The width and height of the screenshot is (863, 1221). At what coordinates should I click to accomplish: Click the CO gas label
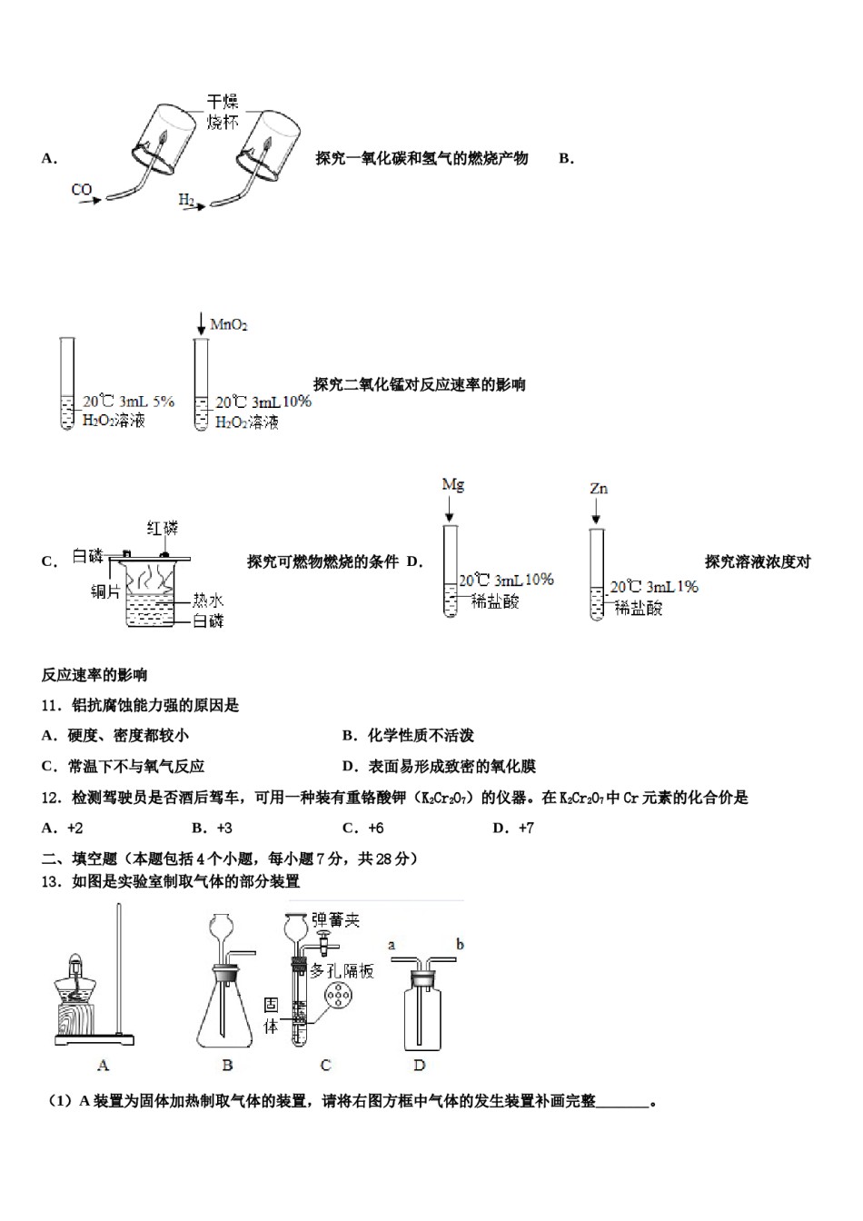click(x=82, y=189)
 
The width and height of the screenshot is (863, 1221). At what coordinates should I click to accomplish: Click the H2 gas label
click(x=186, y=200)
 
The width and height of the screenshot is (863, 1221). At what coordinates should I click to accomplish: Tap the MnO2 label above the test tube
click(x=229, y=324)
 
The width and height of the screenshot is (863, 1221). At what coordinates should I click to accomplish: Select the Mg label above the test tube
click(x=452, y=484)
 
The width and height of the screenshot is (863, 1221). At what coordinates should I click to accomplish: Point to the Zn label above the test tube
click(x=599, y=489)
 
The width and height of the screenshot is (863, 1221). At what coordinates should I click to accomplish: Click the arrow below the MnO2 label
click(x=202, y=323)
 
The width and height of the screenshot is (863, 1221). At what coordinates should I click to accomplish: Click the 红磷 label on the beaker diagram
click(x=164, y=528)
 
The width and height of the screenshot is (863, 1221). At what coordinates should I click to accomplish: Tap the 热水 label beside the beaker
click(x=208, y=601)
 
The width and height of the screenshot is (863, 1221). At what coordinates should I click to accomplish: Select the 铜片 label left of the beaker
click(x=105, y=591)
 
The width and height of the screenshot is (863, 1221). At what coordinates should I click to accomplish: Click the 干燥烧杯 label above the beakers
click(x=223, y=112)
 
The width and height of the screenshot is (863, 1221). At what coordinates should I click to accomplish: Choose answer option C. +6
click(x=363, y=828)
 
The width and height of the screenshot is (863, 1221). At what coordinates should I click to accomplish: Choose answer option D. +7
click(x=513, y=828)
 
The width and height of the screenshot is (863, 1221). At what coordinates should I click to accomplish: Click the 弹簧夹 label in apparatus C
click(x=336, y=920)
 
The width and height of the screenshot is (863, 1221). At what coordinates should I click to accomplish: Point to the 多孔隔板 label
click(x=342, y=970)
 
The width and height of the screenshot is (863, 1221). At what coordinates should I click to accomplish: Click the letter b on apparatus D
click(x=460, y=945)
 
